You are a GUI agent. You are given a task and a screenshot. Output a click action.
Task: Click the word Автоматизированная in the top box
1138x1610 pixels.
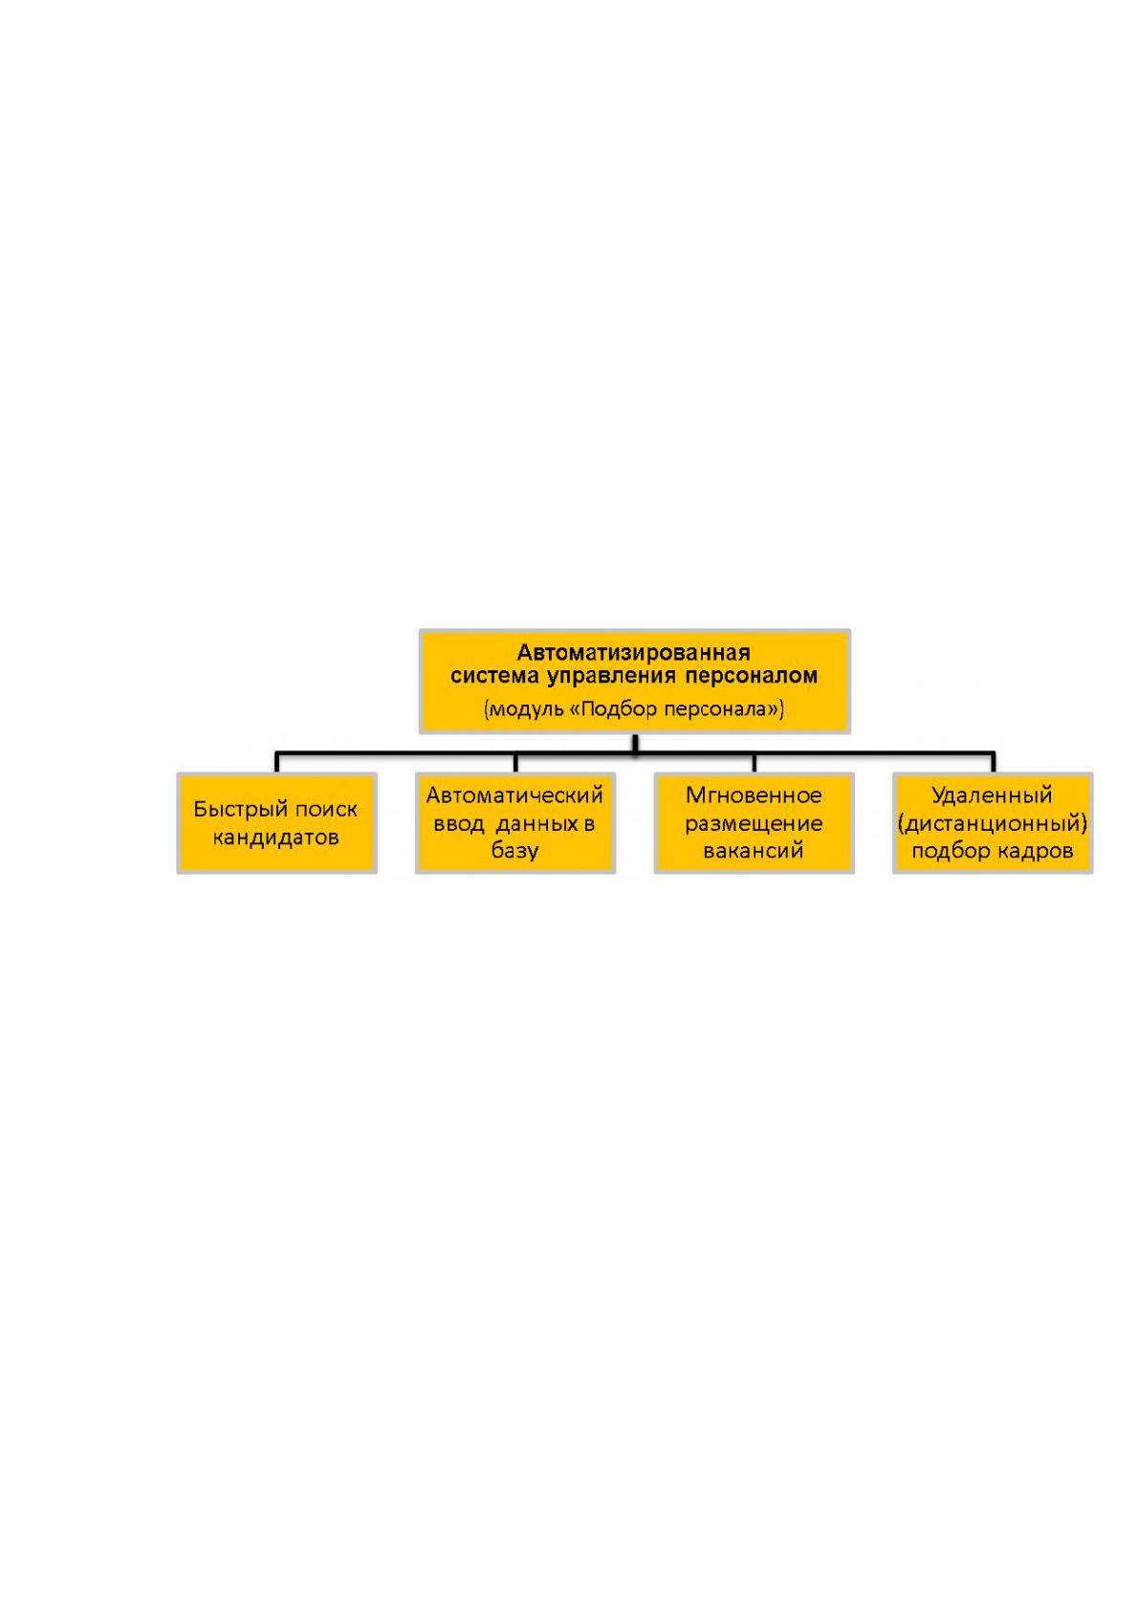coord(633,653)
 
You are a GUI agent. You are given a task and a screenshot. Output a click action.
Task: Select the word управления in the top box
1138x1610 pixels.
coord(611,676)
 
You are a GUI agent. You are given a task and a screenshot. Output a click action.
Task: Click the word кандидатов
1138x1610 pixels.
coord(276,838)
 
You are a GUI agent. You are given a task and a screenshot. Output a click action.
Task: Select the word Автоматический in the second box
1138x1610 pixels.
coord(514,795)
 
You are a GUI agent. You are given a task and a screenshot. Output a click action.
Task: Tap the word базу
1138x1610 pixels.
coord(514,851)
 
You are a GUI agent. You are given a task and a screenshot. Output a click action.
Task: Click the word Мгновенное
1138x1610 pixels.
coord(754,795)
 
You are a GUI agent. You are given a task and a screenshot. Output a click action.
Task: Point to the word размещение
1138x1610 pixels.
coord(754,824)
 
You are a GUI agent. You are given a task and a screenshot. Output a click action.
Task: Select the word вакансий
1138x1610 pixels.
coord(754,851)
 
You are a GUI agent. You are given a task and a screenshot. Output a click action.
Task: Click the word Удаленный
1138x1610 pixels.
coord(992,795)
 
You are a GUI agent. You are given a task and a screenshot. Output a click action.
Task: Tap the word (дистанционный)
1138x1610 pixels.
coord(992,824)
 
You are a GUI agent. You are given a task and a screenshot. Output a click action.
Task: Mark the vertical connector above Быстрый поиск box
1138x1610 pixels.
coord(277,762)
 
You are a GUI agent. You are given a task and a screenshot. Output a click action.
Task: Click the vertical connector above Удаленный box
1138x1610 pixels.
coord(994,762)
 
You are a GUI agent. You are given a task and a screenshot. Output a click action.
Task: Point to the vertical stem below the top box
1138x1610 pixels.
coord(635,743)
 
